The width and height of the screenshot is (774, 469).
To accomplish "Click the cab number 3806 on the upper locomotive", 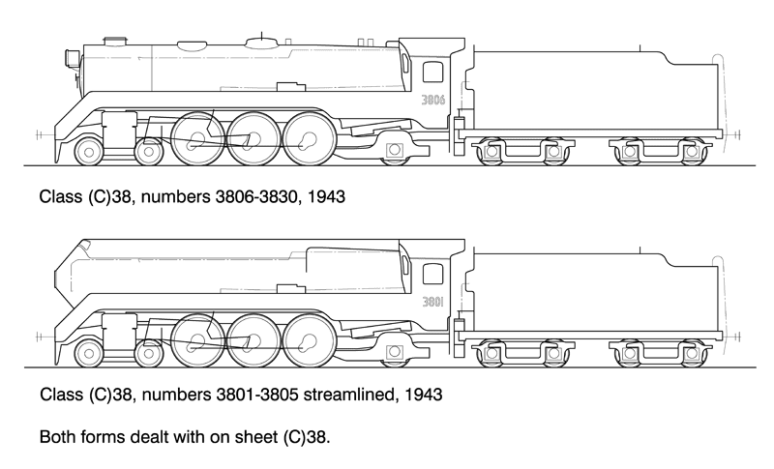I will coord(432,100).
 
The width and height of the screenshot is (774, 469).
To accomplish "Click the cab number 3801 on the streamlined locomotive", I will coord(432,302).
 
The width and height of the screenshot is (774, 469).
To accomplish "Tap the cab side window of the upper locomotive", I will coord(433,72).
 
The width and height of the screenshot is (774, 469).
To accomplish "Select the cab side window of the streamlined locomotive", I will coord(433,274).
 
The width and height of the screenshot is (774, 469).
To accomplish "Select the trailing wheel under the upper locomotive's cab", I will coord(395,151).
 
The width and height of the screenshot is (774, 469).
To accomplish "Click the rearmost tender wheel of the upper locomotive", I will coord(692,151).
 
